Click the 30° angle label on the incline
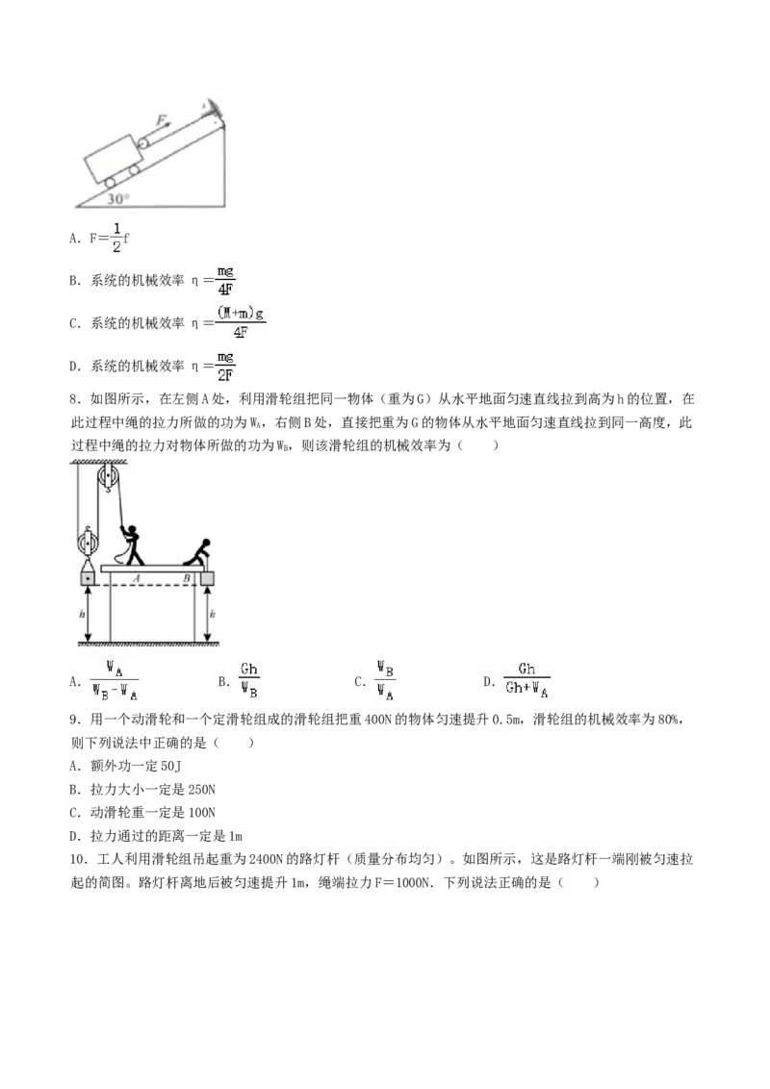pyautogui.click(x=116, y=199)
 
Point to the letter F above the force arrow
pyautogui.click(x=162, y=120)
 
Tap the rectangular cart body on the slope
pyautogui.click(x=113, y=159)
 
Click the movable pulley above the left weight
pyautogui.click(x=87, y=541)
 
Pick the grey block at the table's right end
pyautogui.click(x=207, y=578)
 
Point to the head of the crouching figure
pyautogui.click(x=205, y=544)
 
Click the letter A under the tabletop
pyautogui.click(x=137, y=577)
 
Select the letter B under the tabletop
pyautogui.click(x=186, y=578)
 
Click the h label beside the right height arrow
pyautogui.click(x=212, y=614)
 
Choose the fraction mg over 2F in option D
pyautogui.click(x=224, y=366)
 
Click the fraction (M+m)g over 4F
pyautogui.click(x=241, y=323)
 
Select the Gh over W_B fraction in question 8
pyautogui.click(x=248, y=681)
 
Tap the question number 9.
pyautogui.click(x=75, y=720)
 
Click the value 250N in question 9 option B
pyautogui.click(x=201, y=790)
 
